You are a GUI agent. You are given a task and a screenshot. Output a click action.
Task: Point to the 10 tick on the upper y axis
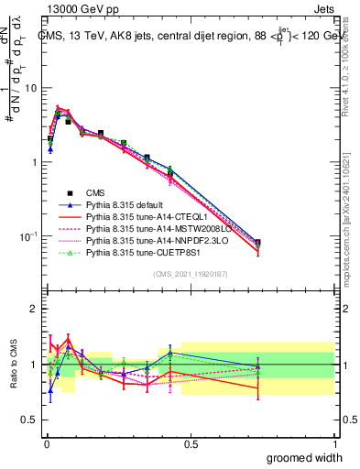click(x=30, y=89)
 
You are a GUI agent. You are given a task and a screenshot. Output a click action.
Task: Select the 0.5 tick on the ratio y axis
click(x=30, y=420)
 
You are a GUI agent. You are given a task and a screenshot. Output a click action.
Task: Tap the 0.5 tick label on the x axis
click(x=191, y=444)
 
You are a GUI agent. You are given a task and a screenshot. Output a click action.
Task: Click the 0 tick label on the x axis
click(x=46, y=444)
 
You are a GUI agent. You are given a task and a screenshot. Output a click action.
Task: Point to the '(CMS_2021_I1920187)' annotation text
click(x=191, y=274)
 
